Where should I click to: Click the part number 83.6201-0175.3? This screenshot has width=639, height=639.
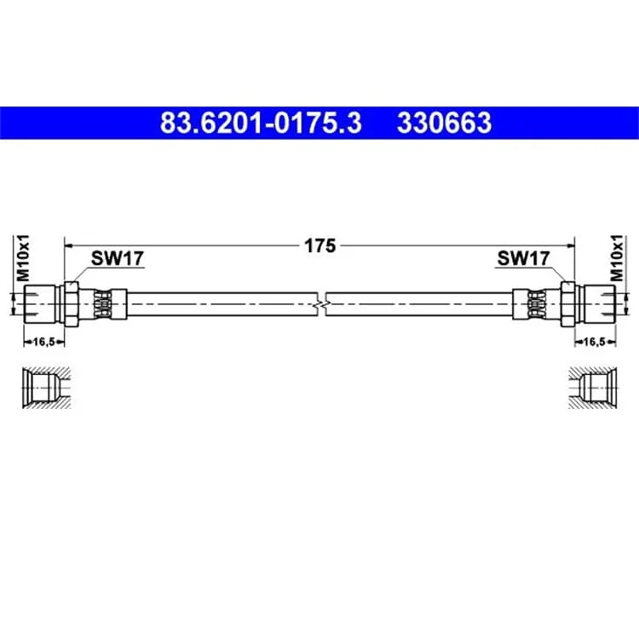click(x=261, y=123)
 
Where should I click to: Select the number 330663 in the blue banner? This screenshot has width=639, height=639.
click(x=444, y=123)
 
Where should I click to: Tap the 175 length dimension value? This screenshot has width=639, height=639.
click(x=319, y=245)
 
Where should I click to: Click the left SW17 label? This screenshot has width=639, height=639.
click(x=118, y=258)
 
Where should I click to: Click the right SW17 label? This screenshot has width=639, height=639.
click(x=523, y=258)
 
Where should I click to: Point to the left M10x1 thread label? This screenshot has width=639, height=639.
click(x=23, y=258)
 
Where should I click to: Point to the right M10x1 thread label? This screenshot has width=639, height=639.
click(x=617, y=258)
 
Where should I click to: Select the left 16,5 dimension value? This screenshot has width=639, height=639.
click(x=43, y=342)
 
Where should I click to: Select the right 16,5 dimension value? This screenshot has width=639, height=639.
click(x=595, y=342)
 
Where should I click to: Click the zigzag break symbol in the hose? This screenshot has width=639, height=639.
click(x=321, y=304)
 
